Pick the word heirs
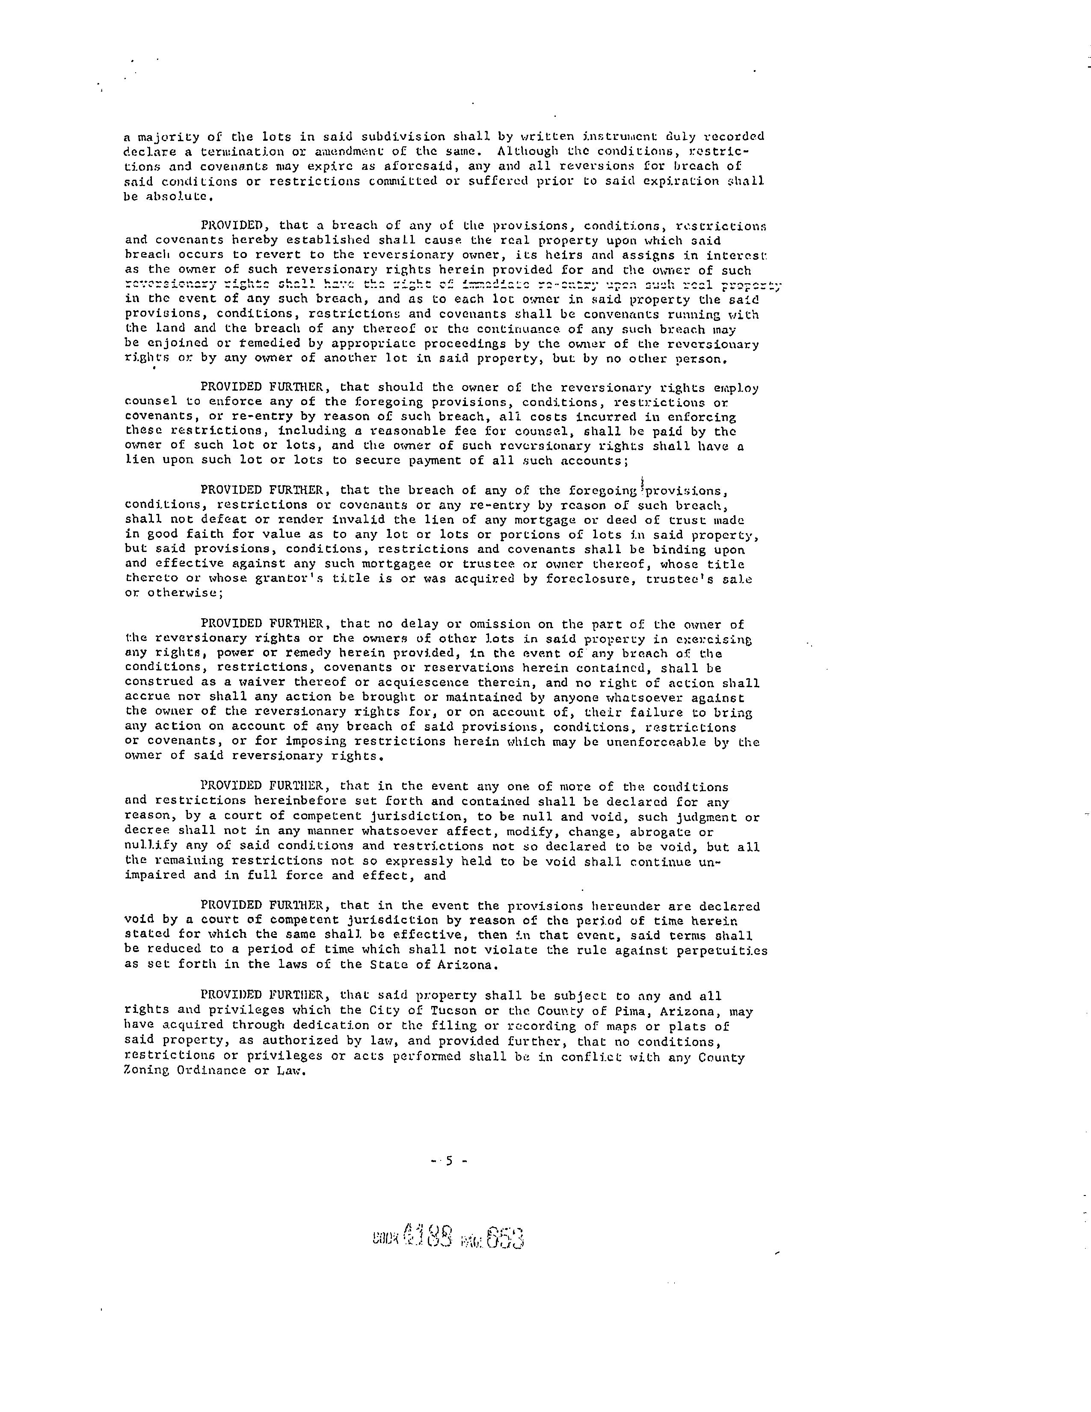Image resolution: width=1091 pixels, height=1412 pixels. pyautogui.click(x=572, y=255)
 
